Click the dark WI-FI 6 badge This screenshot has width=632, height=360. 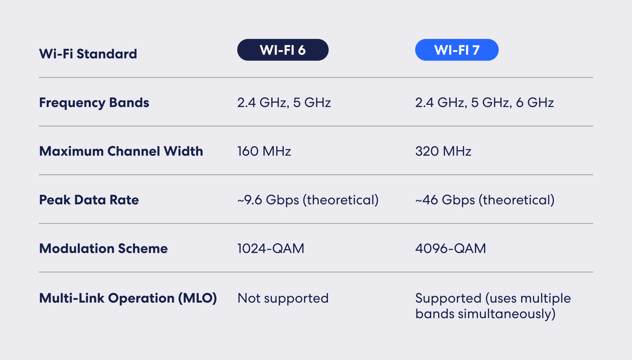coord(283,50)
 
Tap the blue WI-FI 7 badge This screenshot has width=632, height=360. coord(457,50)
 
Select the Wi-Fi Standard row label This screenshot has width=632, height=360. coord(88,54)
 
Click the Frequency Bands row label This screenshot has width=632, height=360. coord(94,102)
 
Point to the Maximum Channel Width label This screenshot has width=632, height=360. coord(121,151)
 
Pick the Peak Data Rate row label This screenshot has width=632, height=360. coord(89,200)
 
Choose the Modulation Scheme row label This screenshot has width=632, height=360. coord(103,248)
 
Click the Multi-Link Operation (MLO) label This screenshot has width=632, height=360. coord(128,298)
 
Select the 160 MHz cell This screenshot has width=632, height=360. coord(264,151)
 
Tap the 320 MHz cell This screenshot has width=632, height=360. coord(443,151)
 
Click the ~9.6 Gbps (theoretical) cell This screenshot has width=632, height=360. coord(308,200)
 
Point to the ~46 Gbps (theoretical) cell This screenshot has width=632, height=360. coord(485,200)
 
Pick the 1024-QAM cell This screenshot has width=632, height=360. coord(271,248)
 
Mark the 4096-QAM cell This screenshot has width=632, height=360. coord(451,248)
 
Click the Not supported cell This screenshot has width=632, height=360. coord(283,298)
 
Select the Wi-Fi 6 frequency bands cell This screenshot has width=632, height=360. coord(284,102)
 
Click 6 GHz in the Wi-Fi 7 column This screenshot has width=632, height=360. coord(535,102)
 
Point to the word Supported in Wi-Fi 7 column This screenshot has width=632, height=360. coord(448,298)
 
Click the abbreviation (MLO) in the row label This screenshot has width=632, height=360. coord(197,298)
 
